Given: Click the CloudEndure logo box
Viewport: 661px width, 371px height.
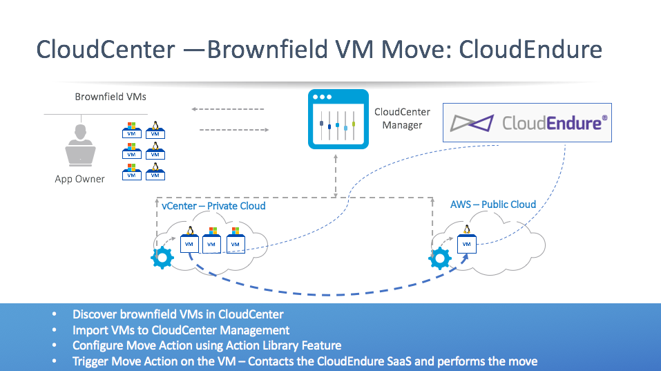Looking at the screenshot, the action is click(x=527, y=123).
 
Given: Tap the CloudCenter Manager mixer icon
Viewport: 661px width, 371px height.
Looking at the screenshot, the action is click(x=338, y=119).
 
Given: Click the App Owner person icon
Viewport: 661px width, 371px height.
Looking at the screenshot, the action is click(x=80, y=145).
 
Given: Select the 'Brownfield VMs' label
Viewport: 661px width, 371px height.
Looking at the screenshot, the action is click(x=111, y=97).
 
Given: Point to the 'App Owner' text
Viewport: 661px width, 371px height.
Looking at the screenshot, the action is click(x=79, y=179).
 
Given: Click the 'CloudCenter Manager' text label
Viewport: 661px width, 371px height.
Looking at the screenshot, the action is click(x=402, y=118).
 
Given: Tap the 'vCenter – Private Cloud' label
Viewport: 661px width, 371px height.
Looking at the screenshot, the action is click(x=213, y=206).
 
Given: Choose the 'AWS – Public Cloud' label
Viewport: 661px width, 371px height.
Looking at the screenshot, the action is click(x=493, y=204).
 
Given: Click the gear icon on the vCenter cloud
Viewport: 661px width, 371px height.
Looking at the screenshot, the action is click(x=162, y=258).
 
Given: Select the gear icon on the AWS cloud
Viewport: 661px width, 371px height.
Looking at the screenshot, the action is click(x=440, y=258).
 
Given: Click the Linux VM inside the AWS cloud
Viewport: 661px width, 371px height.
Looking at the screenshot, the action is click(x=467, y=239).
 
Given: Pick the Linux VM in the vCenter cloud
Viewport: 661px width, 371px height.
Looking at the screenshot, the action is click(x=190, y=240).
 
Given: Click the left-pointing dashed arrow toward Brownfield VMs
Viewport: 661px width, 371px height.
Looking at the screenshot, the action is click(x=228, y=109).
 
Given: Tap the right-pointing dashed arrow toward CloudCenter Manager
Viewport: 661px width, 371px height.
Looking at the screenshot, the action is click(x=234, y=130).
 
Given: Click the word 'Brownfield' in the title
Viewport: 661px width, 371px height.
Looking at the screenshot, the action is click(x=267, y=49).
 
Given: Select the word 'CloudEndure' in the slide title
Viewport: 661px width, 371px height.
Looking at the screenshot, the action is click(x=530, y=49).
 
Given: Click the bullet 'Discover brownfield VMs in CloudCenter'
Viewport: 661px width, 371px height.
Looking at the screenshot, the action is click(x=178, y=314).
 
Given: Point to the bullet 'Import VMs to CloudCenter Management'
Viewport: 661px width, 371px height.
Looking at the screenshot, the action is click(x=181, y=330).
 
